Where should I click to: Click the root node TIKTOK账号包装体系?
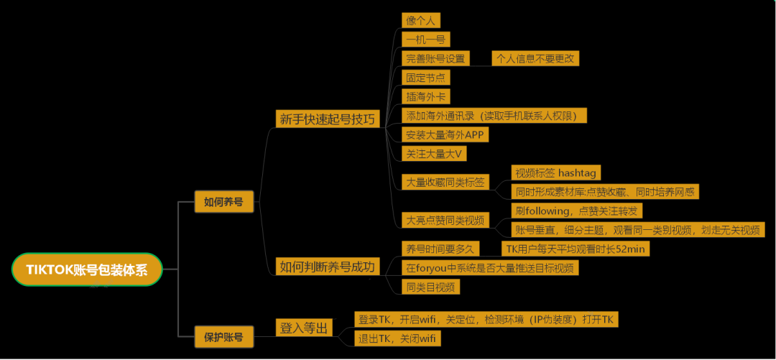click(x=86, y=269)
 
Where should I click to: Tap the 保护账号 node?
click(x=223, y=336)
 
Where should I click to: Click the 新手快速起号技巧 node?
click(x=327, y=119)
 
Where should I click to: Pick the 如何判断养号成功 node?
click(x=327, y=267)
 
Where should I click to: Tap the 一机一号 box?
click(x=427, y=40)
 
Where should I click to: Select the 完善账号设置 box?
click(x=435, y=58)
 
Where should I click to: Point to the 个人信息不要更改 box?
click(x=535, y=58)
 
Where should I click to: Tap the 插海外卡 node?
click(x=427, y=96)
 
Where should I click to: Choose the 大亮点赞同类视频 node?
click(x=445, y=220)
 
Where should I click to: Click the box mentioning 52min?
click(x=575, y=249)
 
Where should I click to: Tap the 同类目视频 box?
click(x=430, y=287)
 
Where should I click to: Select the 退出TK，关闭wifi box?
click(x=397, y=338)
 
